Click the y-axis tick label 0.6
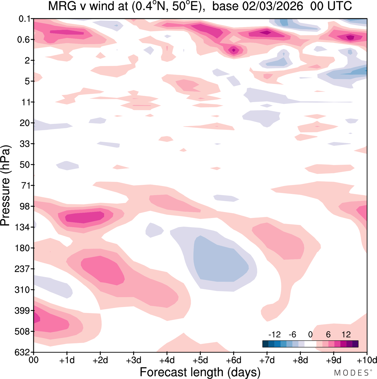pos(24,39)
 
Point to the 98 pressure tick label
pos(25,206)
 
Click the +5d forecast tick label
pos(200,360)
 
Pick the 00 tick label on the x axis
pos(34,360)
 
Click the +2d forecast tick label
pos(100,360)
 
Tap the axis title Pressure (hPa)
pos(5,186)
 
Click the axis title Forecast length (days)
pos(200,372)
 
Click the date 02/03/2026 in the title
pos(273,6)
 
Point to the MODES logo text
pos(351,373)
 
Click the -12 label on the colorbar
pos(274,335)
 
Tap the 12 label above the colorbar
pos(346,335)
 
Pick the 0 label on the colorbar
pos(310,335)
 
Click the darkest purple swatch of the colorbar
pos(355,344)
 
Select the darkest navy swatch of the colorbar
pos(265,344)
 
